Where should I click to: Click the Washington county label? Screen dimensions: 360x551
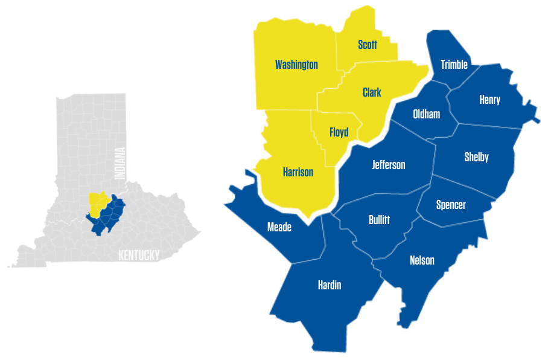coord(296,65)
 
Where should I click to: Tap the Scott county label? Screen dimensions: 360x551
coord(367,45)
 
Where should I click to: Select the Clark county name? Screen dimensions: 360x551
coord(372,92)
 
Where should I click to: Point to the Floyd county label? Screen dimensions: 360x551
coord(339,132)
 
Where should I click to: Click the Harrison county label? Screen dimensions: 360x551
coord(298,172)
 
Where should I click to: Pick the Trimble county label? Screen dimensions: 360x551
coord(454,65)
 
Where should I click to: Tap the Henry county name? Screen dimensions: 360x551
coord(489,100)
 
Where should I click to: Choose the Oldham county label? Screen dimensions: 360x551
coord(426,114)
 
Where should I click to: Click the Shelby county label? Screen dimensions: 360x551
coord(476,157)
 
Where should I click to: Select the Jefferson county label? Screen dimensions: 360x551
coord(389,164)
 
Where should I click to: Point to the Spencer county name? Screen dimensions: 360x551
coord(451,205)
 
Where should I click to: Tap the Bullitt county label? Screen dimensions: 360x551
coord(379,220)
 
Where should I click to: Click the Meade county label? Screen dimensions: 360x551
coord(279,227)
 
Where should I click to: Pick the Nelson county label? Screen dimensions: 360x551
coord(422,260)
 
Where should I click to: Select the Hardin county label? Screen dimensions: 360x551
coord(330,285)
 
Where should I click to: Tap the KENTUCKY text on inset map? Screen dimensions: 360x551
coord(139,255)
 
